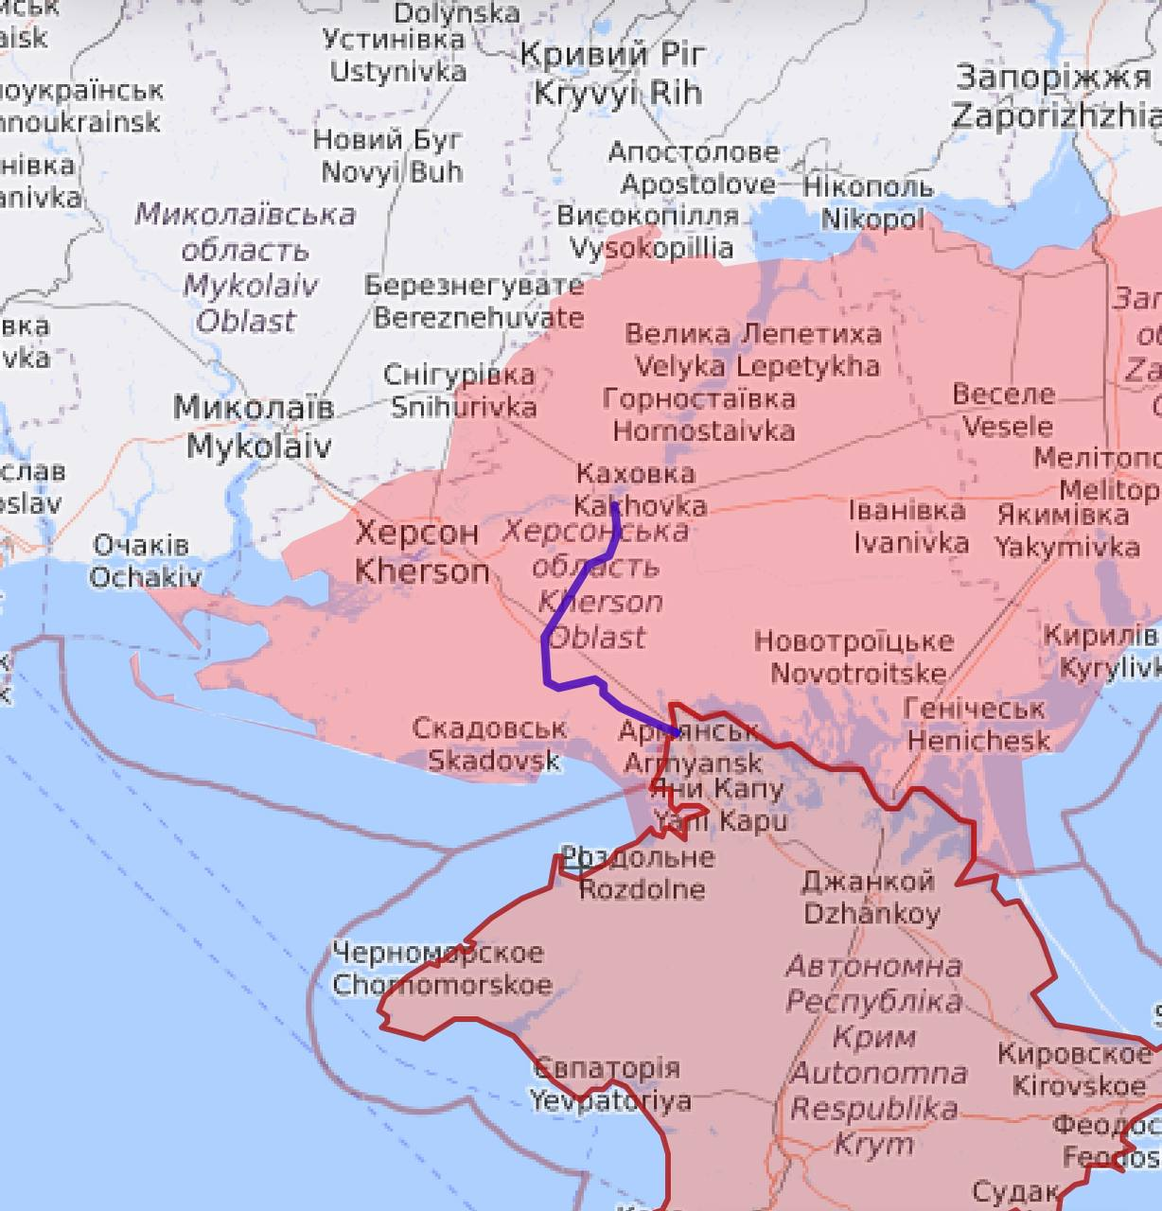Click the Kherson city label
pyautogui.click(x=421, y=553)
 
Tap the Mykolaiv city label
pyautogui.click(x=255, y=427)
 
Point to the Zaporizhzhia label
pyautogui.click(x=1055, y=97)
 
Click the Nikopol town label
pyautogui.click(x=869, y=202)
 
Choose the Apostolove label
pyautogui.click(x=695, y=167)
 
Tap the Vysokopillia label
pyautogui.click(x=649, y=232)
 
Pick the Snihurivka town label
pyautogui.click(x=462, y=391)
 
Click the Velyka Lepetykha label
pyautogui.click(x=754, y=350)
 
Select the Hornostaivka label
pyautogui.click(x=700, y=414)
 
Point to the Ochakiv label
pyautogui.click(x=144, y=561)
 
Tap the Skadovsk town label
pyautogui.click(x=491, y=744)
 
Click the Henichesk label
pyautogui.click(x=977, y=724)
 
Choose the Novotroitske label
pyautogui.click(x=854, y=657)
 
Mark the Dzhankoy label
pyautogui.click(x=870, y=897)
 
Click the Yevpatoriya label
pyautogui.click(x=608, y=1084)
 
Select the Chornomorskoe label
pyautogui.click(x=441, y=968)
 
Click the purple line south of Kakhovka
pyautogui.click(x=547, y=653)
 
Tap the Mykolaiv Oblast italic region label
pyautogui.click(x=245, y=268)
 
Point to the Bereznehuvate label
pyautogui.click(x=476, y=301)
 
